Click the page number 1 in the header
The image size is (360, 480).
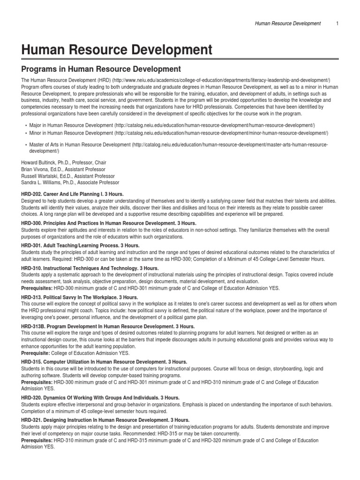tap(337, 23)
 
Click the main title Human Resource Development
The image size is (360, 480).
tap(117, 49)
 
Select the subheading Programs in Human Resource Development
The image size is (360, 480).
tap(101, 69)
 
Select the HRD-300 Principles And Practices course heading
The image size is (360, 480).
tap(109, 224)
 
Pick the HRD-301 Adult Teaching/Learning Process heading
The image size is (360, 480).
tap(80, 245)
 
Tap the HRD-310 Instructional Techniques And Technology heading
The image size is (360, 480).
tap(90, 268)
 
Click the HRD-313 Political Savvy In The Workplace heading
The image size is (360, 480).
tap(80, 297)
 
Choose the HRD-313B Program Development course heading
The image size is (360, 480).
tap(108, 326)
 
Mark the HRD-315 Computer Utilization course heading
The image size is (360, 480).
tap(104, 362)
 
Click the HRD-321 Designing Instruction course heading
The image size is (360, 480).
tap(105, 420)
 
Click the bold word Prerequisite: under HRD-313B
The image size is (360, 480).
tap(36, 352)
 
